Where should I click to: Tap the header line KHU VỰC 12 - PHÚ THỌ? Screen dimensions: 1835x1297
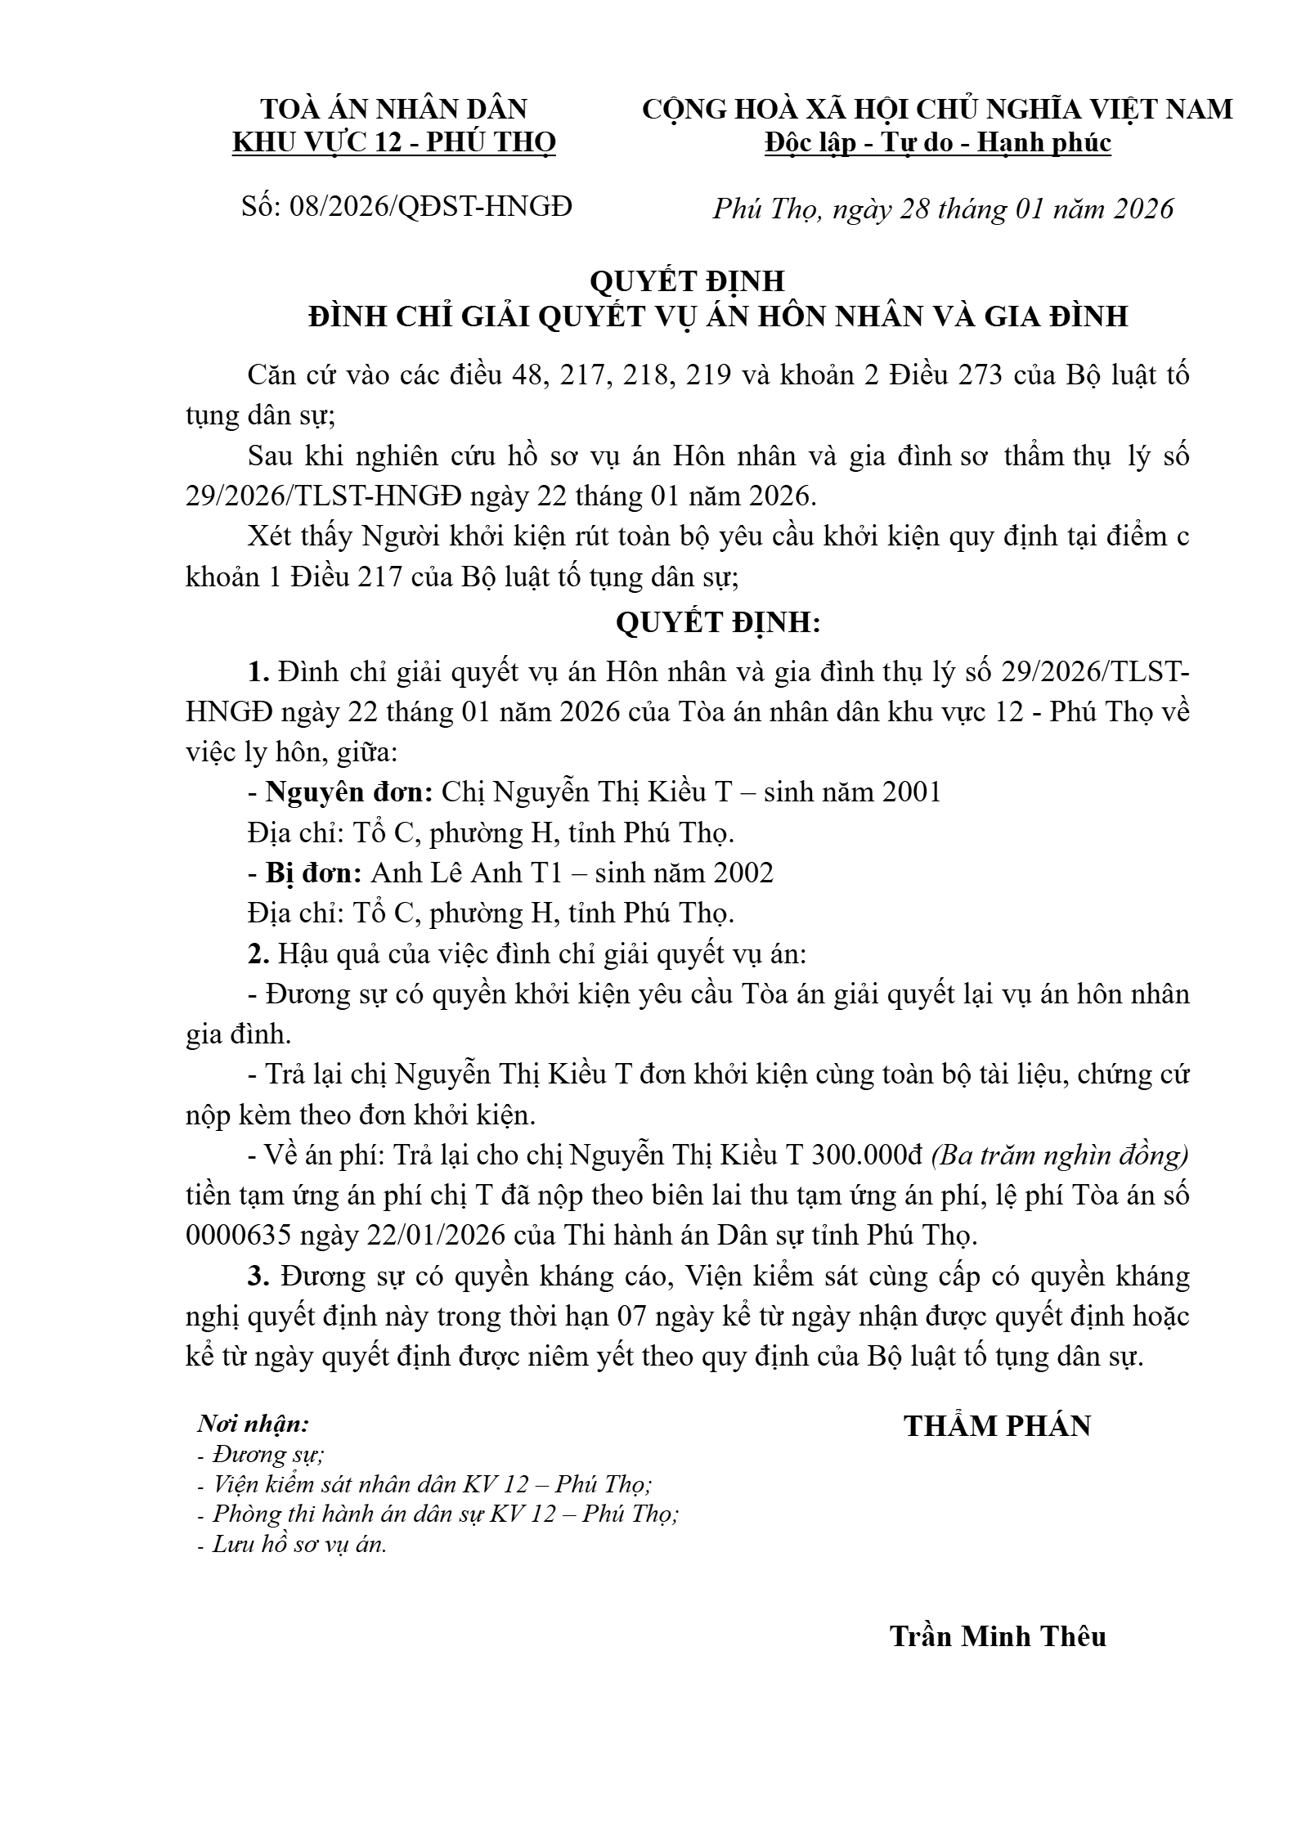[394, 143]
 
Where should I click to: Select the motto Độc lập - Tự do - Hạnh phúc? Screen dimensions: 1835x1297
[937, 143]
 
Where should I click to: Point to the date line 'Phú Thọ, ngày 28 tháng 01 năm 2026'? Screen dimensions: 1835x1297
[942, 209]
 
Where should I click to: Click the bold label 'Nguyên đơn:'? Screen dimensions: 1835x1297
[349, 792]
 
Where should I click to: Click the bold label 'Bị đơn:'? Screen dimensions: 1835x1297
[314, 873]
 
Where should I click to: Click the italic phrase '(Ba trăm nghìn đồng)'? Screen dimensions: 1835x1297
[1060, 1155]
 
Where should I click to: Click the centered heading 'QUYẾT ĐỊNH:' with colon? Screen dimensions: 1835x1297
[717, 623]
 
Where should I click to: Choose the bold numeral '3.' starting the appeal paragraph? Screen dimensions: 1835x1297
[258, 1276]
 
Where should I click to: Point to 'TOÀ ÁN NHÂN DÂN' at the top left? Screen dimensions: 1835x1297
[394, 109]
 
